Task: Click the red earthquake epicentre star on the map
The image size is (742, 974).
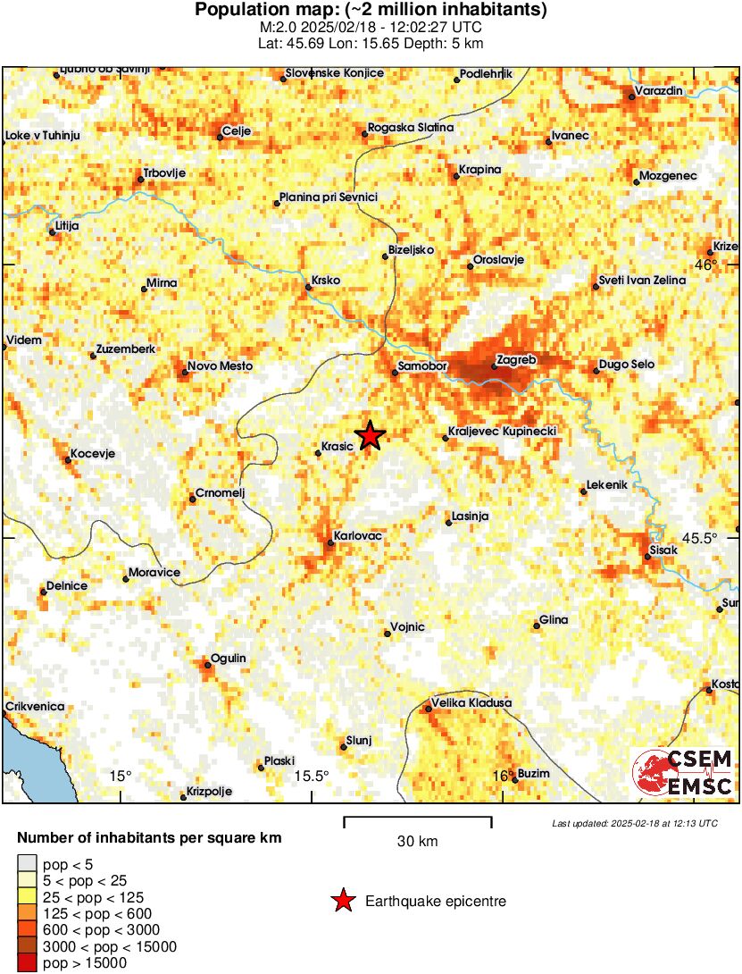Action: (369, 435)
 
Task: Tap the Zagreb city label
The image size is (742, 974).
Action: (520, 360)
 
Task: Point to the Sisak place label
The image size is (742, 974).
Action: (665, 550)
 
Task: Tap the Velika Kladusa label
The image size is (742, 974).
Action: (471, 703)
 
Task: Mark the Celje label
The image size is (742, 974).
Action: (237, 130)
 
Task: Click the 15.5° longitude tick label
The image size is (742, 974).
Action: (312, 776)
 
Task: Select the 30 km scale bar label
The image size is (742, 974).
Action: (417, 841)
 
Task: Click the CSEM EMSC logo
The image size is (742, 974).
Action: (684, 773)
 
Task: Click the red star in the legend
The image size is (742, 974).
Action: (342, 902)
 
